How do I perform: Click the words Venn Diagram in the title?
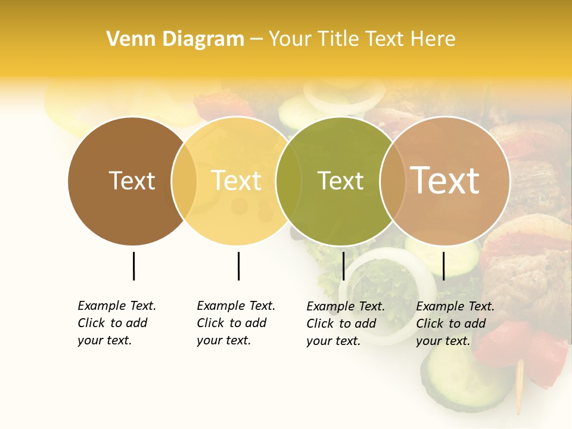pos(175,39)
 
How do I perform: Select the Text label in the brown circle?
pos(132,181)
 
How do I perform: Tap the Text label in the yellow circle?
pos(236,181)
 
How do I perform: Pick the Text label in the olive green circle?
pos(340,181)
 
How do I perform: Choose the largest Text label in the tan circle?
pos(444,180)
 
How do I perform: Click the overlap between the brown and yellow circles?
pos(184,181)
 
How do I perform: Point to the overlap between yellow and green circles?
pos(288,181)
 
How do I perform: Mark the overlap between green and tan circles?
pos(393,181)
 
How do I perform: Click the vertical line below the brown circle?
pos(133,266)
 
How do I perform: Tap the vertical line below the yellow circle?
pos(238,266)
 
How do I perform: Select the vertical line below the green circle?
pos(343,266)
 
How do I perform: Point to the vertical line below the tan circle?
pos(443,266)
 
